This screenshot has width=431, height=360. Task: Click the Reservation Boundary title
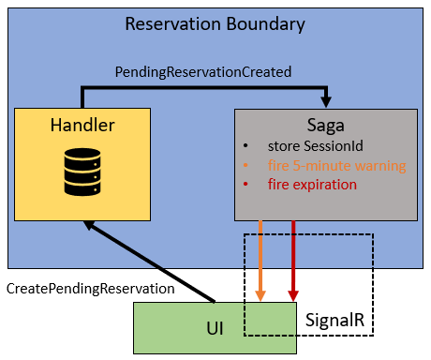(215, 23)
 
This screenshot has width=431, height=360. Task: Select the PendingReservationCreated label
(203, 71)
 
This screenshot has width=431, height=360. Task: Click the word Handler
(81, 125)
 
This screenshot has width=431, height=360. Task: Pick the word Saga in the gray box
(324, 126)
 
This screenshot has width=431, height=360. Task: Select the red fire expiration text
(312, 185)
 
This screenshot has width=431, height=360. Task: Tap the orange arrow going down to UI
(261, 262)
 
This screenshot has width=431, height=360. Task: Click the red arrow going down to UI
(294, 262)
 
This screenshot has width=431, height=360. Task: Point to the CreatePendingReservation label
(91, 288)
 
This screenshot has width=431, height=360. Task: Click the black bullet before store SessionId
(245, 147)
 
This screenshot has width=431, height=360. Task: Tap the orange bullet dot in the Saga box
(245, 166)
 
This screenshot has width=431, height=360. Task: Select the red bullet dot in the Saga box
(245, 185)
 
